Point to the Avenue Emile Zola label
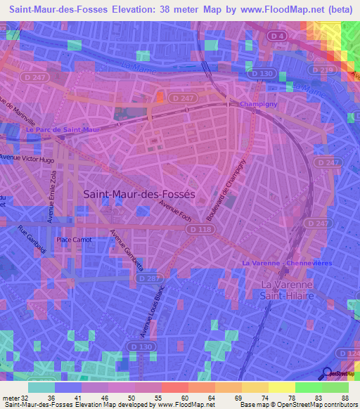(x=51, y=199)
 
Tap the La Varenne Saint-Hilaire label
(x=288, y=291)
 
